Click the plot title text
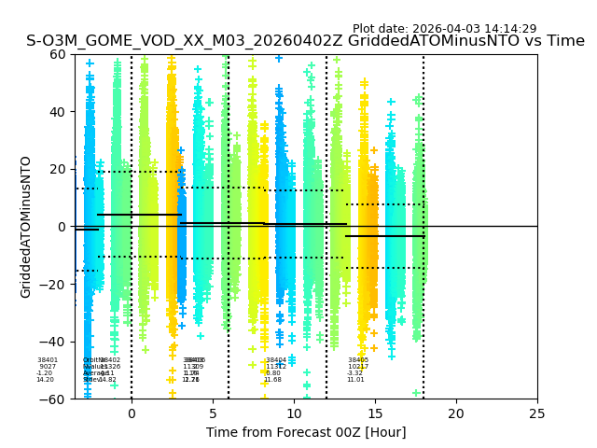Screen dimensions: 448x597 click(305, 41)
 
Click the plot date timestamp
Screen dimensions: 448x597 click(444, 29)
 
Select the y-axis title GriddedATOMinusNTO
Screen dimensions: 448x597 click(26, 227)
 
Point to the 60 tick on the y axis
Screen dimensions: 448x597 click(59, 54)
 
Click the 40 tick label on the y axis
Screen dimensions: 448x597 click(59, 112)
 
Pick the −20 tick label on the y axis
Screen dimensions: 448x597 click(54, 285)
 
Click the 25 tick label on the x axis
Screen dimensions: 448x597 click(537, 413)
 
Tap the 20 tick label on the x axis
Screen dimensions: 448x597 click(456, 413)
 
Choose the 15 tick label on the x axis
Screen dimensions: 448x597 click(375, 413)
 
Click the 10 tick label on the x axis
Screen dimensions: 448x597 click(294, 413)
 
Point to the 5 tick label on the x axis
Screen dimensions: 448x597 click(213, 413)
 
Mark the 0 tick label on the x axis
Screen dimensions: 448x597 click(132, 413)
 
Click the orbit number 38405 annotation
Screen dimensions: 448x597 click(358, 360)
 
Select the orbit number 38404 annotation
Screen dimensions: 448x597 click(276, 360)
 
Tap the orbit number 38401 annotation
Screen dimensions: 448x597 click(48, 360)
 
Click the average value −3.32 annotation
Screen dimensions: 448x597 click(355, 373)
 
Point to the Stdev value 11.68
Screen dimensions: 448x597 click(272, 380)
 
